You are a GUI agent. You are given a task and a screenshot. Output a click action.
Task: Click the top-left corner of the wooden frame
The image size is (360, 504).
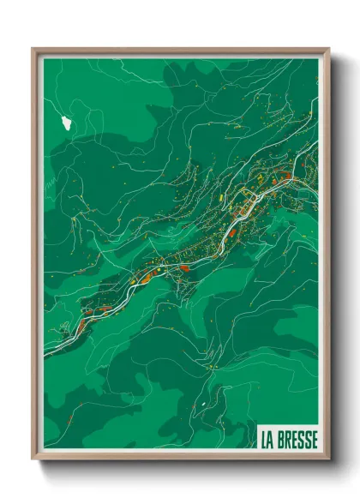click(x=33, y=50)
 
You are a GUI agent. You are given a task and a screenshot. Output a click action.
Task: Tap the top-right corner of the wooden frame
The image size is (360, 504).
click(x=328, y=50)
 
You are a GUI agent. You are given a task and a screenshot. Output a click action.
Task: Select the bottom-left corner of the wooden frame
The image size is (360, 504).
click(x=33, y=458)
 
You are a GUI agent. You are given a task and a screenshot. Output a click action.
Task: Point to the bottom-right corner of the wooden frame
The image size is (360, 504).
click(x=328, y=458)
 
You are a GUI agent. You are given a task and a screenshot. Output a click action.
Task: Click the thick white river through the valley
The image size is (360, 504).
click(x=230, y=232)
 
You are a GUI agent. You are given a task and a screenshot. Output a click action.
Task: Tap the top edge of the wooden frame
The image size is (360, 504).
click(x=180, y=50)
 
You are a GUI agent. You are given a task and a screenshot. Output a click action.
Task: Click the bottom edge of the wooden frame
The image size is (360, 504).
click(x=180, y=457)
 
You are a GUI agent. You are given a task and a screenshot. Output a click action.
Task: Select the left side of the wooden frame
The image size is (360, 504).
click(x=34, y=257)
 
